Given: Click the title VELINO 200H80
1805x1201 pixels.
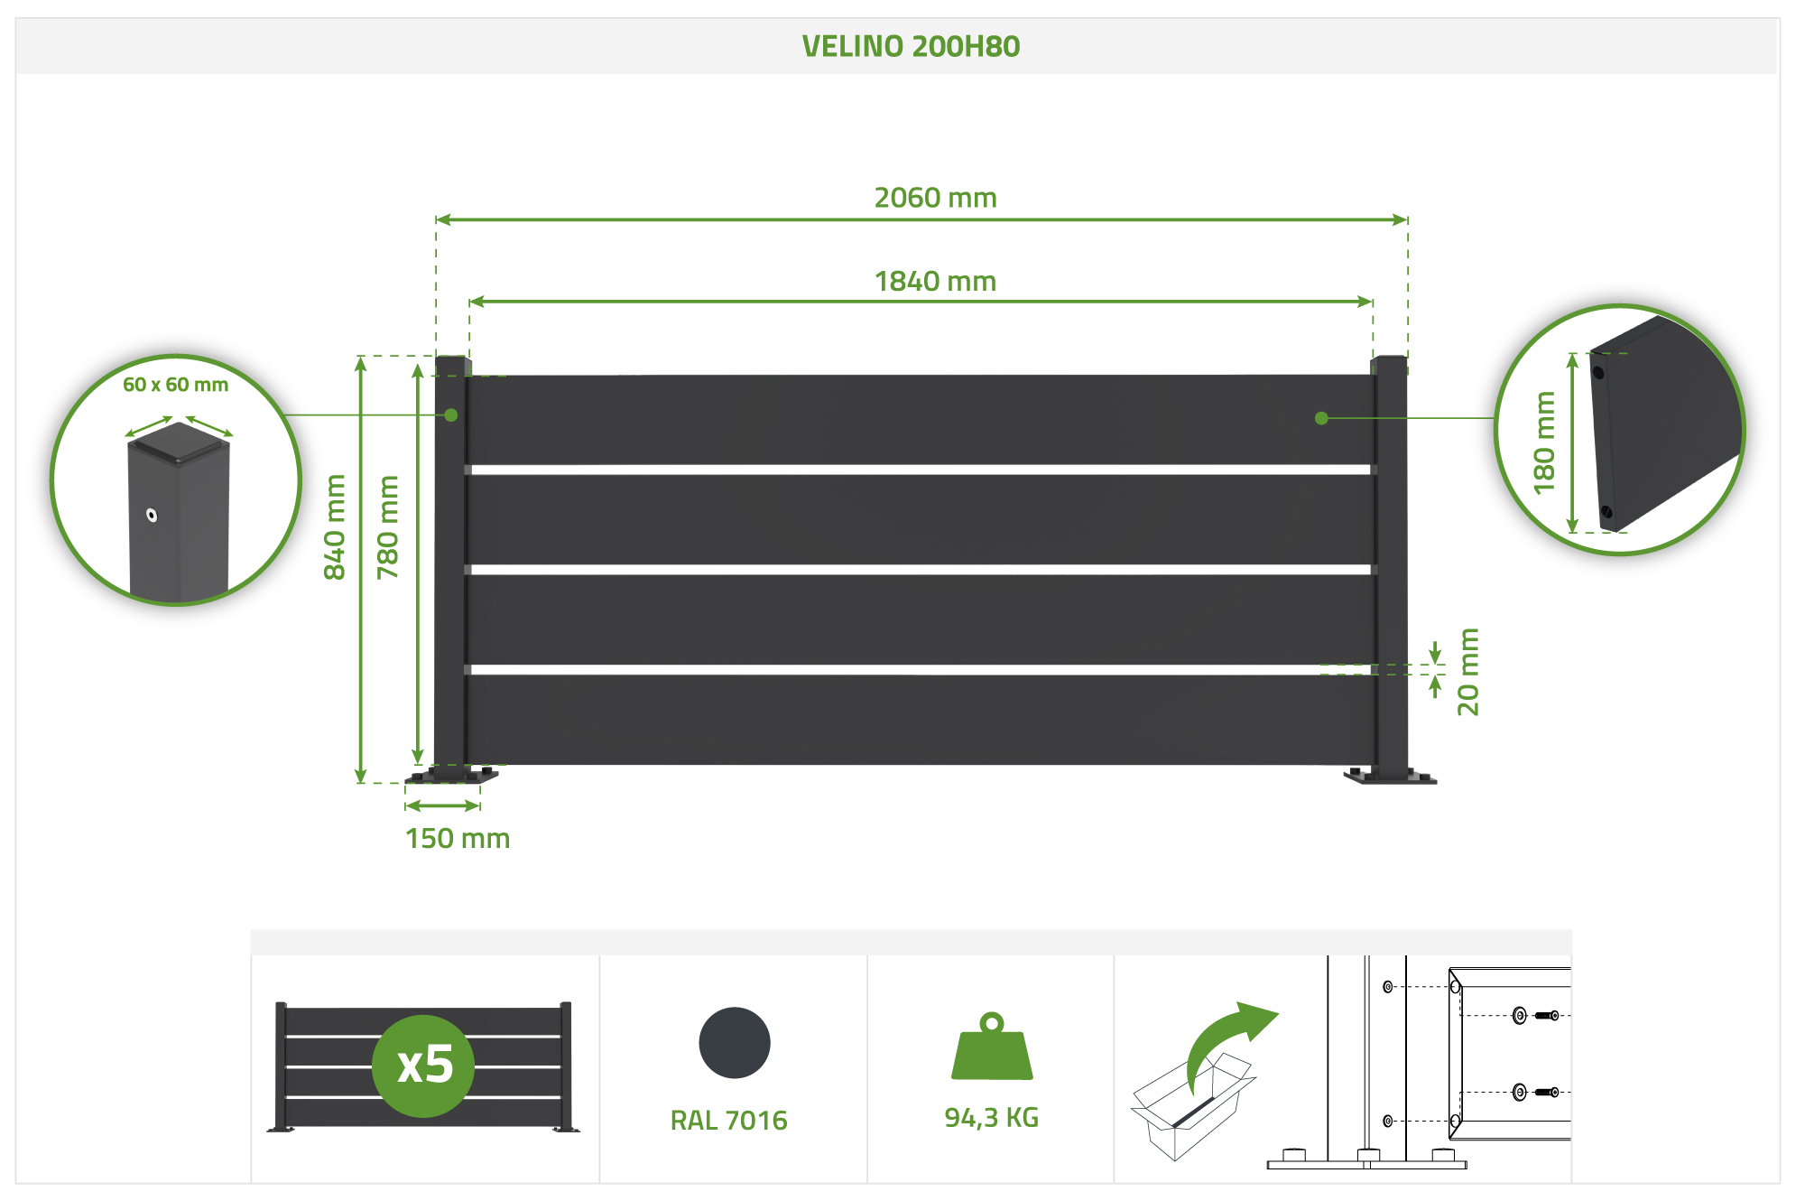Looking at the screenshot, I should click(911, 46).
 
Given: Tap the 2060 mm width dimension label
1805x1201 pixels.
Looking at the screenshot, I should click(935, 198).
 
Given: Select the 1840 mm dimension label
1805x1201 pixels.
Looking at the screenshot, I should click(935, 282).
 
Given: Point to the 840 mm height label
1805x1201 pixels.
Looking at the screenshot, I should click(335, 526).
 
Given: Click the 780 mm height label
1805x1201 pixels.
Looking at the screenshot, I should click(388, 526).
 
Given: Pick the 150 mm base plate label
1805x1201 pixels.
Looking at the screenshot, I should click(458, 839).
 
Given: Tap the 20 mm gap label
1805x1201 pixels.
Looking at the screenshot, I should click(1468, 672).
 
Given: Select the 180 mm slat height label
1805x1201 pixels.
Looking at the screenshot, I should click(1545, 442).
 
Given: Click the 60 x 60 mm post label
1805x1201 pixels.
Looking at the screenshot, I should click(176, 385).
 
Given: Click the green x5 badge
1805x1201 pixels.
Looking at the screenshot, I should click(423, 1066).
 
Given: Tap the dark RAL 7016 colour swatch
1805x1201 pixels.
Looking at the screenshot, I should click(735, 1043).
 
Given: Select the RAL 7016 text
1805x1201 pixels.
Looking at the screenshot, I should click(728, 1121).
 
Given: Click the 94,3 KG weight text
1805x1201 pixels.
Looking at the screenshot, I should click(991, 1118).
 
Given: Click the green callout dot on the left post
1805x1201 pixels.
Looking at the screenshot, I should click(451, 415).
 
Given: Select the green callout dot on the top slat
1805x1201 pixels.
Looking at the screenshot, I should click(1321, 418).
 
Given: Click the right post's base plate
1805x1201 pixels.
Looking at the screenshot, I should click(1390, 777).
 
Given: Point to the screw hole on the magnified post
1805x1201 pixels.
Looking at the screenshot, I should click(153, 516).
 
